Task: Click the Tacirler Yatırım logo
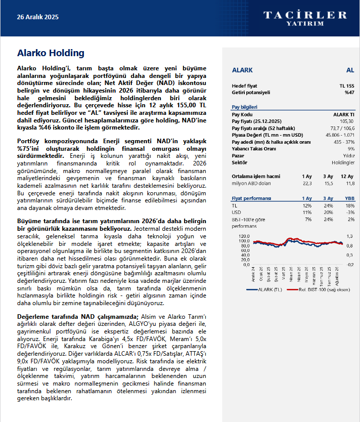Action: click(305, 18)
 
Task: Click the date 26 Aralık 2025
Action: click(38, 17)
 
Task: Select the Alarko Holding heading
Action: click(51, 53)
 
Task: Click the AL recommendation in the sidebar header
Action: click(350, 70)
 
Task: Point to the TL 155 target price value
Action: click(346, 86)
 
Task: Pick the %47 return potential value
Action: click(349, 93)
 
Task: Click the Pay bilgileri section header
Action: click(244, 107)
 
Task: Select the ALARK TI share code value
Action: click(344, 114)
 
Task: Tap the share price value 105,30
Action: click(347, 121)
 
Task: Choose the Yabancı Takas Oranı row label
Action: click(254, 149)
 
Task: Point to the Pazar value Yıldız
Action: click(348, 156)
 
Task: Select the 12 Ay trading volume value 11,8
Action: click(349, 184)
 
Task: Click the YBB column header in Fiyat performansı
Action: click(349, 198)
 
